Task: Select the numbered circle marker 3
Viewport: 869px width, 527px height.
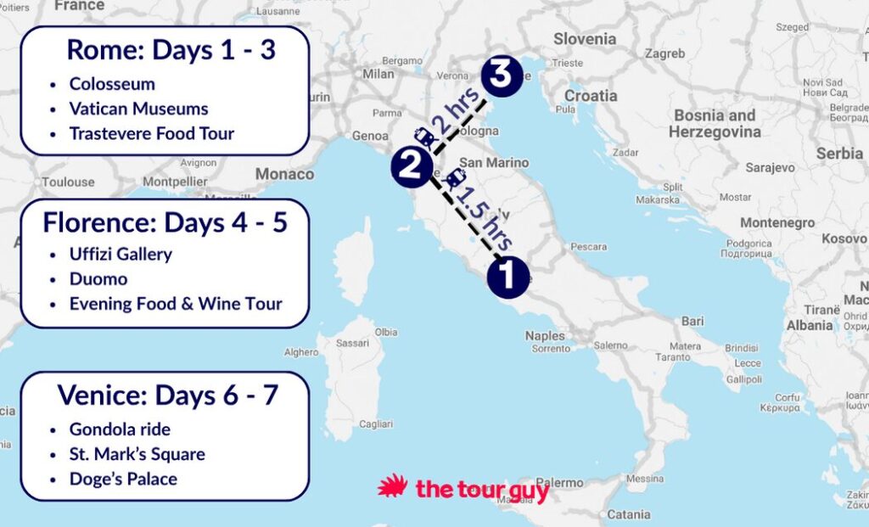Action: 502,76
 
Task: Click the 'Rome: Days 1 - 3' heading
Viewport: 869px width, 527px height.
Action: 171,50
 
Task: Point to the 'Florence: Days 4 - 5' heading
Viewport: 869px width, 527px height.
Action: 165,222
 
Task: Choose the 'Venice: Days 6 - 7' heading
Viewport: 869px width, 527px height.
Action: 167,395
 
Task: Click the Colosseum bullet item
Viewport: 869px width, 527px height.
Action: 112,84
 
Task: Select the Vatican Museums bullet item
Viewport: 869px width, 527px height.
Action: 138,109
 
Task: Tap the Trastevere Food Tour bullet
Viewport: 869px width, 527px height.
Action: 151,133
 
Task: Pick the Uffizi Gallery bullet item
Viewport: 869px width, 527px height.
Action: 121,254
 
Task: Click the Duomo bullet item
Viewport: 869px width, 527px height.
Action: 98,278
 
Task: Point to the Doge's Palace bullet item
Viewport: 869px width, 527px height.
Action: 123,479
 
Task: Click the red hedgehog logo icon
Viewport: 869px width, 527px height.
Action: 393,488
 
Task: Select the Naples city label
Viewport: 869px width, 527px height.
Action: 545,336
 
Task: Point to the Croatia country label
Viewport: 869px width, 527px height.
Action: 591,96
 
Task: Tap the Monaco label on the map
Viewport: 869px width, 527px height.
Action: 284,174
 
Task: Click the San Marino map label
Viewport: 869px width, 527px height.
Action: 493,162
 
